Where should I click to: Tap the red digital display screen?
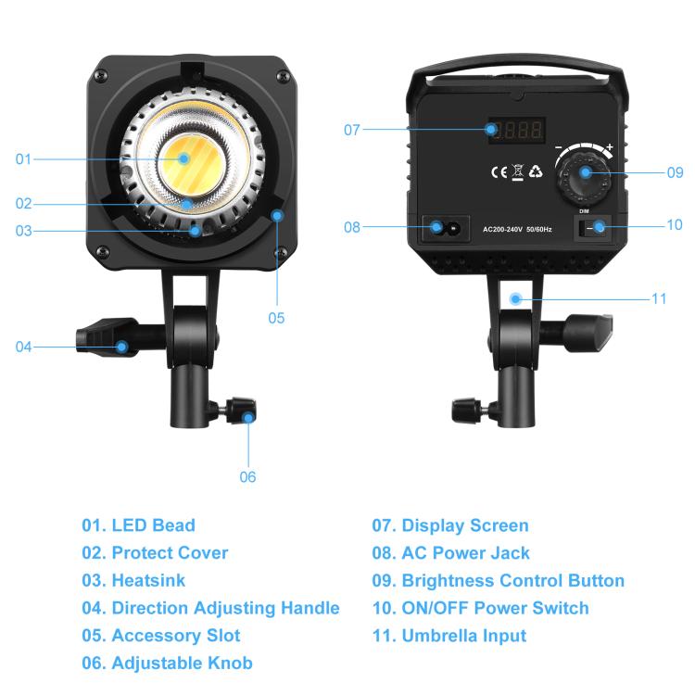(x=516, y=130)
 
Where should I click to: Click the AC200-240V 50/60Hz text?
(x=516, y=228)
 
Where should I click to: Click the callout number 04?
(x=23, y=347)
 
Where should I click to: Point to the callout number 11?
(x=659, y=298)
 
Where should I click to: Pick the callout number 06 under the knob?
(x=247, y=477)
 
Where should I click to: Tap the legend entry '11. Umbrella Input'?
(x=449, y=636)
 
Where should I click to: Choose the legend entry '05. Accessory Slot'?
(x=161, y=636)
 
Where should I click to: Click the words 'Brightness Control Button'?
(x=512, y=581)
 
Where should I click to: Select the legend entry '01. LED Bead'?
(x=139, y=525)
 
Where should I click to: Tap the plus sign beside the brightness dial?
(x=609, y=146)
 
